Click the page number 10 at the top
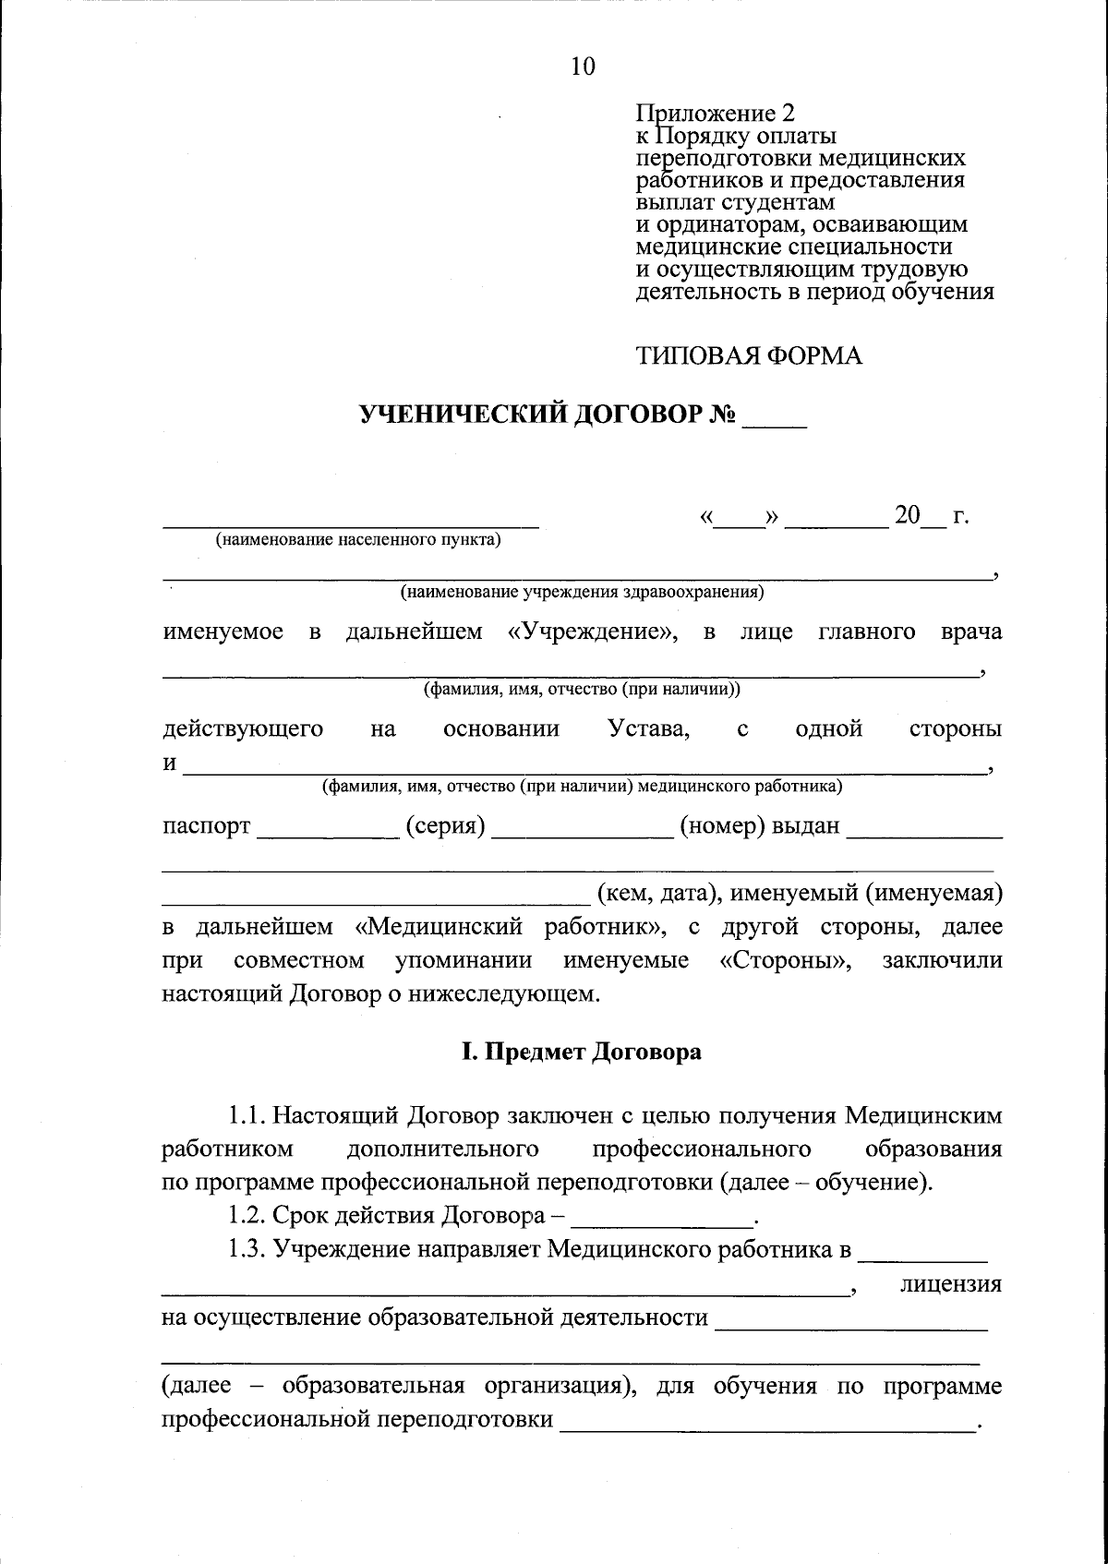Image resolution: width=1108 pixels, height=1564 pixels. point(584,66)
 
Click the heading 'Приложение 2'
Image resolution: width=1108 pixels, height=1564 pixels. point(715,114)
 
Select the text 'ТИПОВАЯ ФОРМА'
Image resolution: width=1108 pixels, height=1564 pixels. point(749,356)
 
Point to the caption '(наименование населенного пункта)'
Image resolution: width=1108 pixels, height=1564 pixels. point(358,541)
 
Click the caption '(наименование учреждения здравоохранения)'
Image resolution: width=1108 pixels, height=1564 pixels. point(582,592)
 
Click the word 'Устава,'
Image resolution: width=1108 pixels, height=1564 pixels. point(649,729)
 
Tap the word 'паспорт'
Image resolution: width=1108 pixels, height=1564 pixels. point(207,826)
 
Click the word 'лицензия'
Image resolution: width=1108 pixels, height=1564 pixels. point(951,1284)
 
